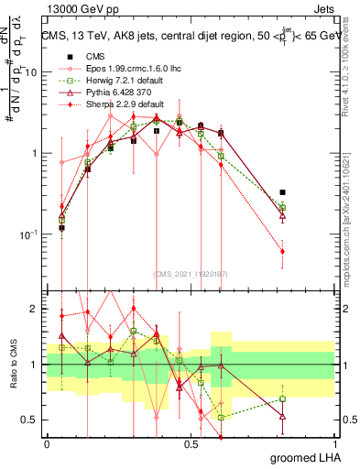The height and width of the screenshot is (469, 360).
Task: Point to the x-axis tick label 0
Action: (46, 443)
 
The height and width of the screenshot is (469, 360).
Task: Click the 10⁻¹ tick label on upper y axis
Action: (29, 234)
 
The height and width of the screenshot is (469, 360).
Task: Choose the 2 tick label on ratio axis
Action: (36, 309)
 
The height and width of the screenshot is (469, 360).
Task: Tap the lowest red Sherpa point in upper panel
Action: (282, 251)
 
